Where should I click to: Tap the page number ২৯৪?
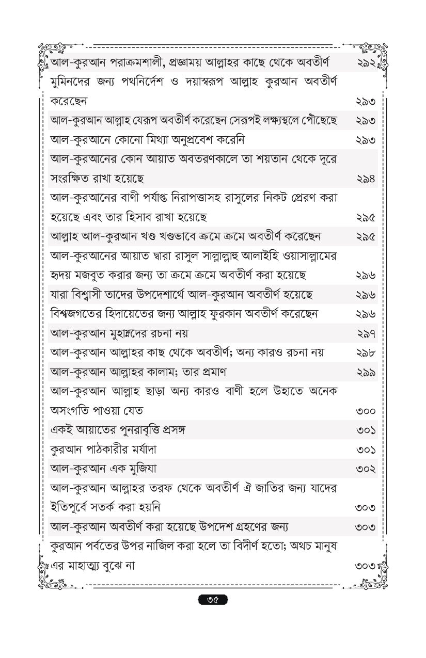[x=365, y=179]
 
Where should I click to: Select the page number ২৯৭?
[x=365, y=333]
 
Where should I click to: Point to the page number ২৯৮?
[x=365, y=352]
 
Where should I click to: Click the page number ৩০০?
[x=365, y=410]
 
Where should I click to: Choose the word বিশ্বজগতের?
[x=78, y=314]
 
